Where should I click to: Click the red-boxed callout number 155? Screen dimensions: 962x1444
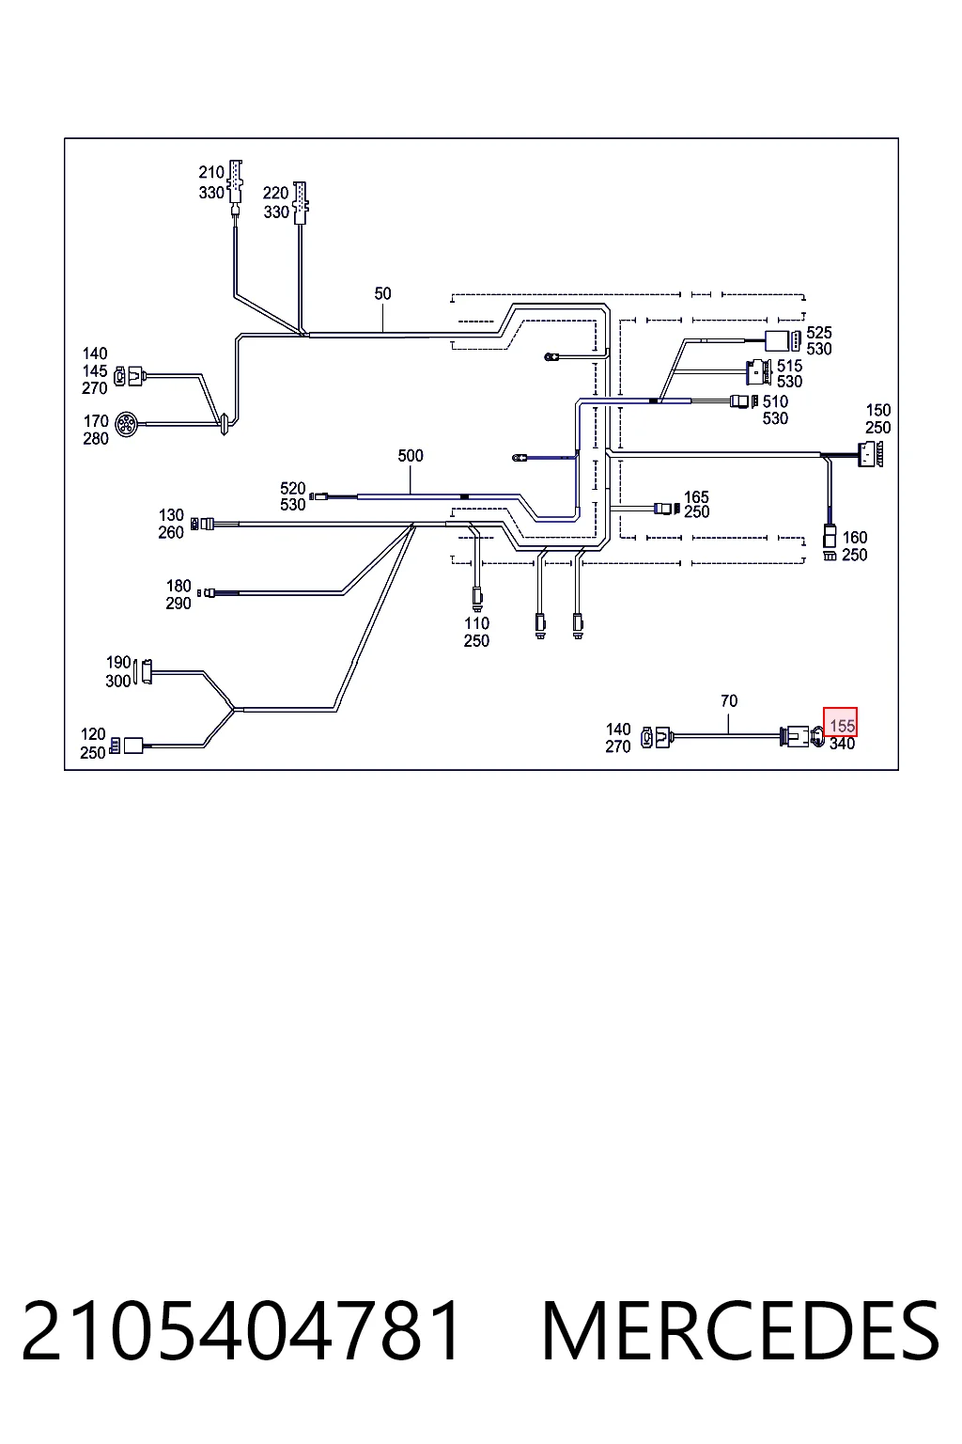click(842, 726)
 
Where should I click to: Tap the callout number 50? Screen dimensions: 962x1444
click(382, 294)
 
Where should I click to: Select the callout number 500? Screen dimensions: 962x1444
click(411, 456)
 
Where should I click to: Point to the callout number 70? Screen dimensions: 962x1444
click(729, 700)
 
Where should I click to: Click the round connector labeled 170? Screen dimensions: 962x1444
click(125, 425)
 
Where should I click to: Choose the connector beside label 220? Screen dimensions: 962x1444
click(301, 203)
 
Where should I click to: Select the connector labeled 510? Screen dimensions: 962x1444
click(744, 401)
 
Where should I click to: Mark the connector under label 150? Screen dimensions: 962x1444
click(870, 454)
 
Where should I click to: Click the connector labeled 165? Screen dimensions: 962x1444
click(667, 508)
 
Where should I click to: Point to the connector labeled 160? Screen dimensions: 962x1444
click(830, 543)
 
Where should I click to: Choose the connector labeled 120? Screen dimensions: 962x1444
click(126, 746)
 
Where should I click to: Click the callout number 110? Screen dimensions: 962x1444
click(477, 623)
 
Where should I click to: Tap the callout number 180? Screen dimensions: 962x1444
click(178, 586)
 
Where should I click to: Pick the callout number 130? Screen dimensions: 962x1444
click(171, 515)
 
